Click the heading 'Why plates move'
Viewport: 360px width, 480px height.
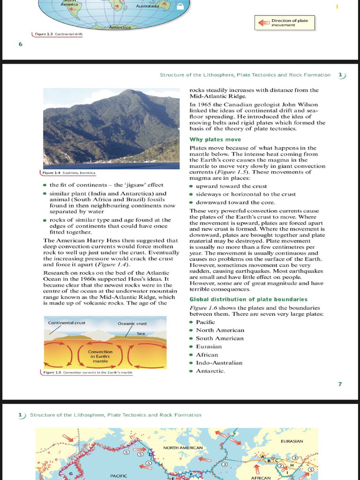[215, 140]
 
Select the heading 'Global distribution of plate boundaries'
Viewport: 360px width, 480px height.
[248, 299]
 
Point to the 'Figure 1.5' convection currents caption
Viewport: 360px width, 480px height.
[87, 373]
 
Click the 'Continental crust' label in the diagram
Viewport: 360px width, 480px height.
[67, 323]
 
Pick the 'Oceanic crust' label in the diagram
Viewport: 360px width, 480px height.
[132, 323]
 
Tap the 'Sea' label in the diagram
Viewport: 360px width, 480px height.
[141, 333]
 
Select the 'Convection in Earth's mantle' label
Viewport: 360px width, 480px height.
[100, 356]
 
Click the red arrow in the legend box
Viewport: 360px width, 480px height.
[262, 22]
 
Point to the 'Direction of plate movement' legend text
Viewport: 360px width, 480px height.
[290, 22]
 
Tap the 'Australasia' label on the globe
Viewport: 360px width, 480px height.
[148, 6]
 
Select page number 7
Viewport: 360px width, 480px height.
[340, 384]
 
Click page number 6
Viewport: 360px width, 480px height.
[20, 44]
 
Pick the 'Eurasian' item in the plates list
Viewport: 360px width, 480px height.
[209, 346]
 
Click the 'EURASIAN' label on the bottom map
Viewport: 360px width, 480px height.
[292, 441]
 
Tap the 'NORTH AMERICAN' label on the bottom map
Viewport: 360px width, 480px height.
[183, 448]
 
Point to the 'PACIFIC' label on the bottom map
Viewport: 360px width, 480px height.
[119, 476]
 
